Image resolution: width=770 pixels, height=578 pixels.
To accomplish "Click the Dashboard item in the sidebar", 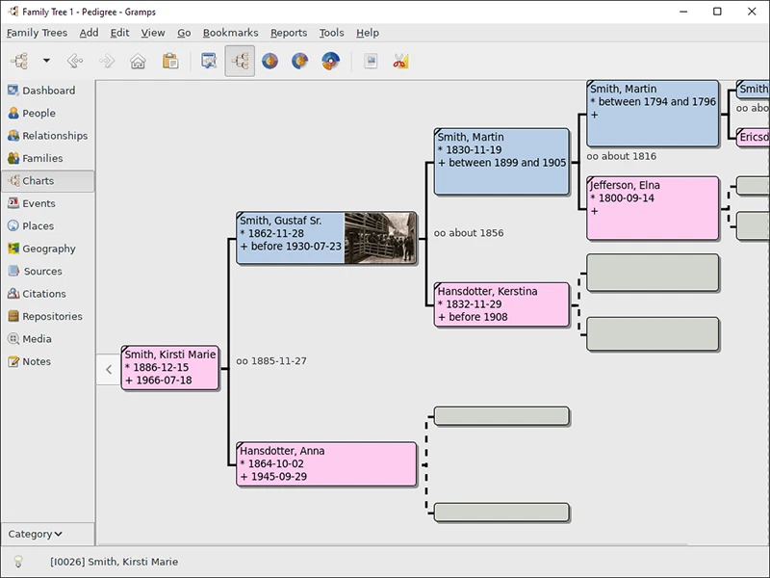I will point(48,91).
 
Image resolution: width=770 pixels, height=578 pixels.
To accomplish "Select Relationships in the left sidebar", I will point(54,136).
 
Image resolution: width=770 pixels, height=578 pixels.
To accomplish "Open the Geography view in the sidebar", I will point(48,249).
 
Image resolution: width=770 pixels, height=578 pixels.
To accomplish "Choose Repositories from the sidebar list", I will point(52,316).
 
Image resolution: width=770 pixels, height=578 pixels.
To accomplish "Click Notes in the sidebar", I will point(37,361).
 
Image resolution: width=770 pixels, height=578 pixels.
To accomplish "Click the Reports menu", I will point(289,33).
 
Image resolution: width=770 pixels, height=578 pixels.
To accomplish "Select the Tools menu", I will point(331,33).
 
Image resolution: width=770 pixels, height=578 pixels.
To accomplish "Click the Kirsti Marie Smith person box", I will point(170,368).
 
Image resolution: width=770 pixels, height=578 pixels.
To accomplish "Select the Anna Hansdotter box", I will point(326,464).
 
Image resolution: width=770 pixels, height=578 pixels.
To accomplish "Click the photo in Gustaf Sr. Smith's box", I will point(380,238).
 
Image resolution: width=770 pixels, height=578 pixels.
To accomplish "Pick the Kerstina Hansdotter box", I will point(501,304).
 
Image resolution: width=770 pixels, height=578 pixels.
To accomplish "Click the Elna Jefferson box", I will point(653,207).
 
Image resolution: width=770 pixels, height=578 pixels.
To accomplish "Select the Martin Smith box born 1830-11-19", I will point(501,162).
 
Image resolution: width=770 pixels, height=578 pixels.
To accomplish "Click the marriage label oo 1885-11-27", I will point(271,361).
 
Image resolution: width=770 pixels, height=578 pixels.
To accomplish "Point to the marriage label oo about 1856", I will point(469,233).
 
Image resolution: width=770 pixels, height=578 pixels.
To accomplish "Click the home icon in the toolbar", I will point(138,62).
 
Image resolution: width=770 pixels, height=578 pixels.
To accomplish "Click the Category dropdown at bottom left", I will point(36,534).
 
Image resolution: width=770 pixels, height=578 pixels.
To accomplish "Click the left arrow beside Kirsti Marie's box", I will point(109,370).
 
